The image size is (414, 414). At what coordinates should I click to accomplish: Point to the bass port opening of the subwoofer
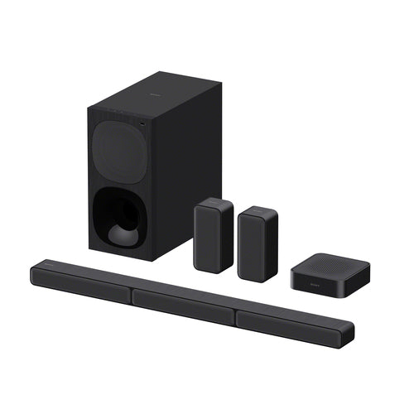coord(121,217)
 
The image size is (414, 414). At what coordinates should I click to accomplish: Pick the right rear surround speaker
coord(258,246)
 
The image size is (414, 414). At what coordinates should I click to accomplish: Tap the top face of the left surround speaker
coord(214,203)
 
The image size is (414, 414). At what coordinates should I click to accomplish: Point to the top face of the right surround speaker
coord(258,212)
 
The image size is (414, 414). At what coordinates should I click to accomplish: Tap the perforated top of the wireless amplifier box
coord(325,264)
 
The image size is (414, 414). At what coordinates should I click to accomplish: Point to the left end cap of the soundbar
coord(33,272)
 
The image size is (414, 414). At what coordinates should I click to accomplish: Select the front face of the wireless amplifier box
coord(310,283)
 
